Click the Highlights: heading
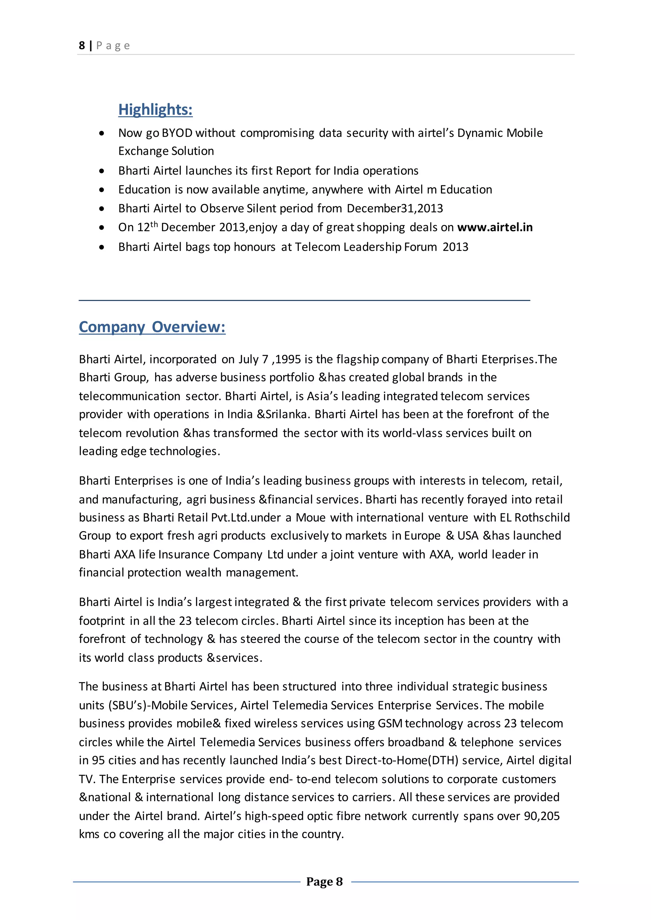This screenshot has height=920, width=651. (x=155, y=109)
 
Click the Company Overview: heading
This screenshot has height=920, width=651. (x=152, y=327)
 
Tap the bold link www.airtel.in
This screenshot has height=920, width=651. (x=495, y=227)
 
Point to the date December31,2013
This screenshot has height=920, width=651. (x=394, y=208)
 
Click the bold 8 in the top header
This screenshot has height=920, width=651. (x=82, y=45)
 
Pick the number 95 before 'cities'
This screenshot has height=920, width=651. (x=98, y=760)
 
